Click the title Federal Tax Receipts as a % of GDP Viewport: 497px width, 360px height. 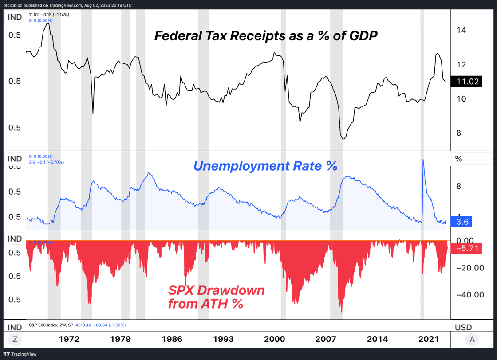(x=266, y=35)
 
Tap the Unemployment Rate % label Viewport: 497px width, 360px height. (x=265, y=166)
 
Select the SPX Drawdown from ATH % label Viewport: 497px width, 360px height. (x=216, y=297)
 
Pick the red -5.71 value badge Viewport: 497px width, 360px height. (x=465, y=248)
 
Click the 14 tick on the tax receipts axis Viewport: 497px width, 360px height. (x=461, y=30)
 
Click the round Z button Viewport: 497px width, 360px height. (x=15, y=340)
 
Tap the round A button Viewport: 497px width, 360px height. (x=472, y=340)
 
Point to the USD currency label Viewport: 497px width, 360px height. (x=463, y=327)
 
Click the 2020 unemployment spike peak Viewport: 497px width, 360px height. (x=423, y=159)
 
